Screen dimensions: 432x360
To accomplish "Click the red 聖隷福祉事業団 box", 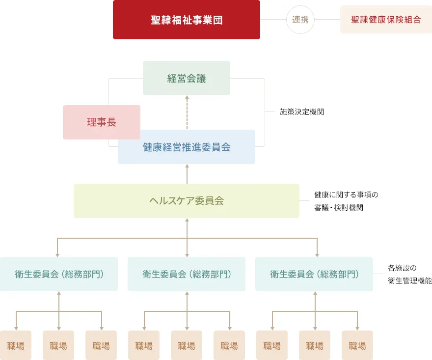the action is coord(187,20).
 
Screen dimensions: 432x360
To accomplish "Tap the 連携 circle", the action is coord(300,20).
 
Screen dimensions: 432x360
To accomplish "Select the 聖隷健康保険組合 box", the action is coord(386,20).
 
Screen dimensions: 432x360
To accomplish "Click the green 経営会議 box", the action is coord(187,78).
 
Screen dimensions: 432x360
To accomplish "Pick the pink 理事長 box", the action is coord(102,122).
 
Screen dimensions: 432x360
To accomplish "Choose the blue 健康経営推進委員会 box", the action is coord(187,147).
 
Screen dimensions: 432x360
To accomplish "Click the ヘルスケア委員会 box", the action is coord(187,201).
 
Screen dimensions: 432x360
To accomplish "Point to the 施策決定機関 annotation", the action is coord(302,111).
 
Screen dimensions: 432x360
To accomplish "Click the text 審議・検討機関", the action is coord(339,208).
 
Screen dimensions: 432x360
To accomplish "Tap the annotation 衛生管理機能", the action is coord(410,280).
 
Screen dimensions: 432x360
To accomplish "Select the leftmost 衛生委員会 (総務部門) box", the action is coord(59,274).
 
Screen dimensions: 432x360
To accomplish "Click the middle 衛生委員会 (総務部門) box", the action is coord(187,274).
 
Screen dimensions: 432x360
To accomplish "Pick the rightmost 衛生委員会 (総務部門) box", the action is coord(314,274).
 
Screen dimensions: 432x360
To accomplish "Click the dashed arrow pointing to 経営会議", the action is coord(187,112).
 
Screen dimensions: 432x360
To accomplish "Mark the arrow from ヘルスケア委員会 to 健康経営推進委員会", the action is coord(187,174).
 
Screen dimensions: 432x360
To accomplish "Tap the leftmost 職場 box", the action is coord(16,345).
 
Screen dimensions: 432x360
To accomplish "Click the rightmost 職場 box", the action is coord(357,345).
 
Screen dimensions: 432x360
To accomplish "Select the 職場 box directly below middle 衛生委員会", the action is coord(187,345).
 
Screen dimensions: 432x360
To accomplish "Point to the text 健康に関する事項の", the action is coord(346,194).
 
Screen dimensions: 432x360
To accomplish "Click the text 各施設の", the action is coord(402,268).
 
